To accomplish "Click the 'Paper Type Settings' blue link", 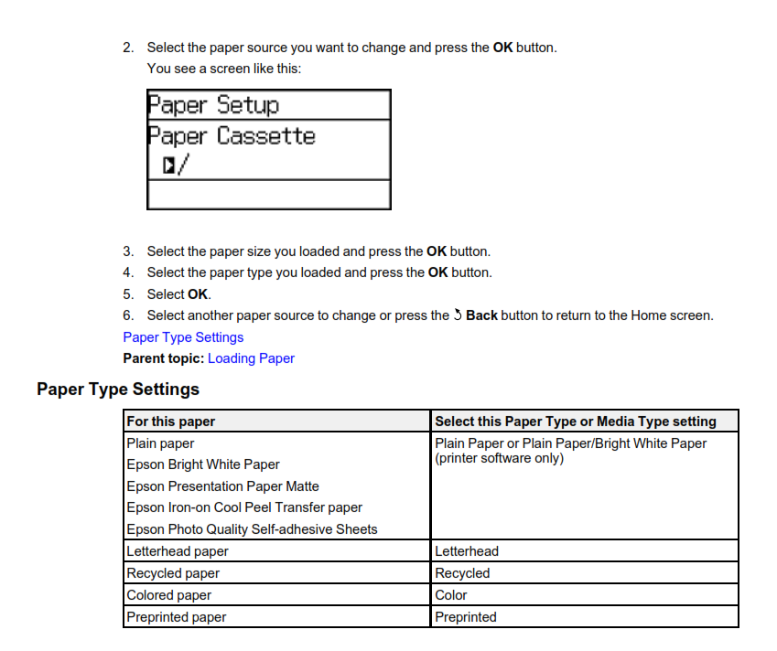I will point(183,337).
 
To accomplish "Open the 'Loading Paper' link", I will point(251,358).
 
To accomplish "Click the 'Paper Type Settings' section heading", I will point(118,390).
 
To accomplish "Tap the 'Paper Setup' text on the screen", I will point(213,105).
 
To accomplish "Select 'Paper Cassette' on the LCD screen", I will point(232,136).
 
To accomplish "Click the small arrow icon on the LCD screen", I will point(169,165).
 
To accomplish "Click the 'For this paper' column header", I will point(171,422).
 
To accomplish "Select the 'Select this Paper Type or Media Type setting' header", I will point(575,422).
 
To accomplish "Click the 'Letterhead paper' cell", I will point(178,551).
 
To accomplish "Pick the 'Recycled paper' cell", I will point(173,573).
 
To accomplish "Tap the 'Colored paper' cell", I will point(169,595).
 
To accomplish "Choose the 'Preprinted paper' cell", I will point(177,617).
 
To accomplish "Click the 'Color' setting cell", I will point(451,595).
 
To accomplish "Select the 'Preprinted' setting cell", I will point(466,617).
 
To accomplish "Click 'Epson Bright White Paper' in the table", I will point(203,464).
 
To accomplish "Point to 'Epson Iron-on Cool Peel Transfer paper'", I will point(244,507).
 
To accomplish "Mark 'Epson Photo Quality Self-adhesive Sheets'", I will point(252,529).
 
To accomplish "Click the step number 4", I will point(128,272).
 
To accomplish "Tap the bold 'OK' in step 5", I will point(198,294).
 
